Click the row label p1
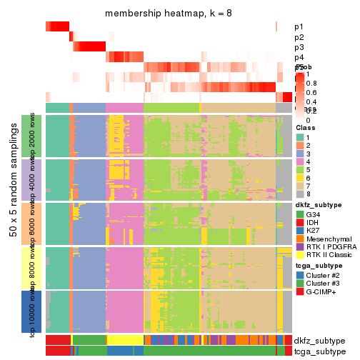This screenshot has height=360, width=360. (299, 27)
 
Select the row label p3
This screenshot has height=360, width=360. (299, 47)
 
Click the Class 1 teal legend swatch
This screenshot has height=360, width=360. (300, 136)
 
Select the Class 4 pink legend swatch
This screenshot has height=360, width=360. (300, 162)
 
